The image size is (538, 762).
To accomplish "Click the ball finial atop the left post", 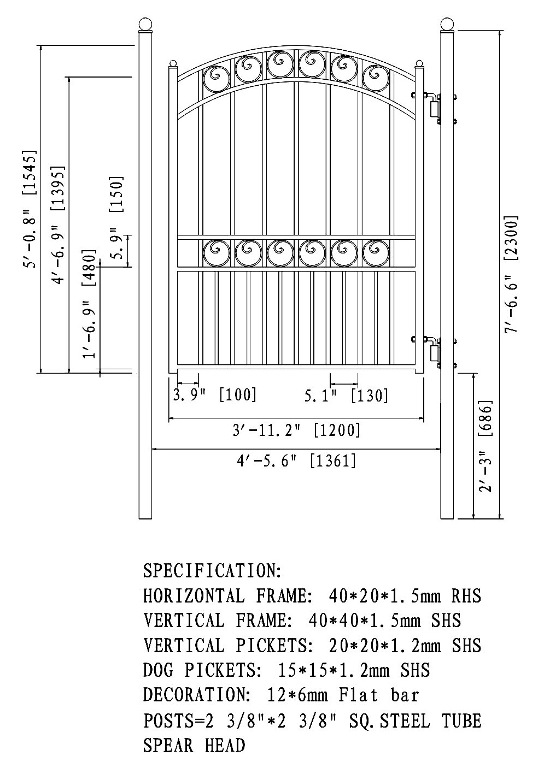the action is (x=145, y=24).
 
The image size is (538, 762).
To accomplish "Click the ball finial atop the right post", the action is (x=447, y=24).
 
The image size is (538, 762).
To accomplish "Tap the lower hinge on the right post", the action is (x=435, y=353).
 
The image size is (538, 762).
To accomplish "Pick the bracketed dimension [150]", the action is (x=116, y=194).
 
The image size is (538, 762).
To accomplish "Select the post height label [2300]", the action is (x=512, y=239).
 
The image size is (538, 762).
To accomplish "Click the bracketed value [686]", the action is (x=486, y=418).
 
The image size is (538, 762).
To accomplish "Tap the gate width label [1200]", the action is (x=337, y=430).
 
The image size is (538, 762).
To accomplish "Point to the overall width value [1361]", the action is (x=333, y=461).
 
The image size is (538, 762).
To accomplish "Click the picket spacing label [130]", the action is (x=370, y=395).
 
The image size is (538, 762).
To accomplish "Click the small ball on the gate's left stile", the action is (x=173, y=63).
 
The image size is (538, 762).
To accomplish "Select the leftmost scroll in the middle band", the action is (x=216, y=253).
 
